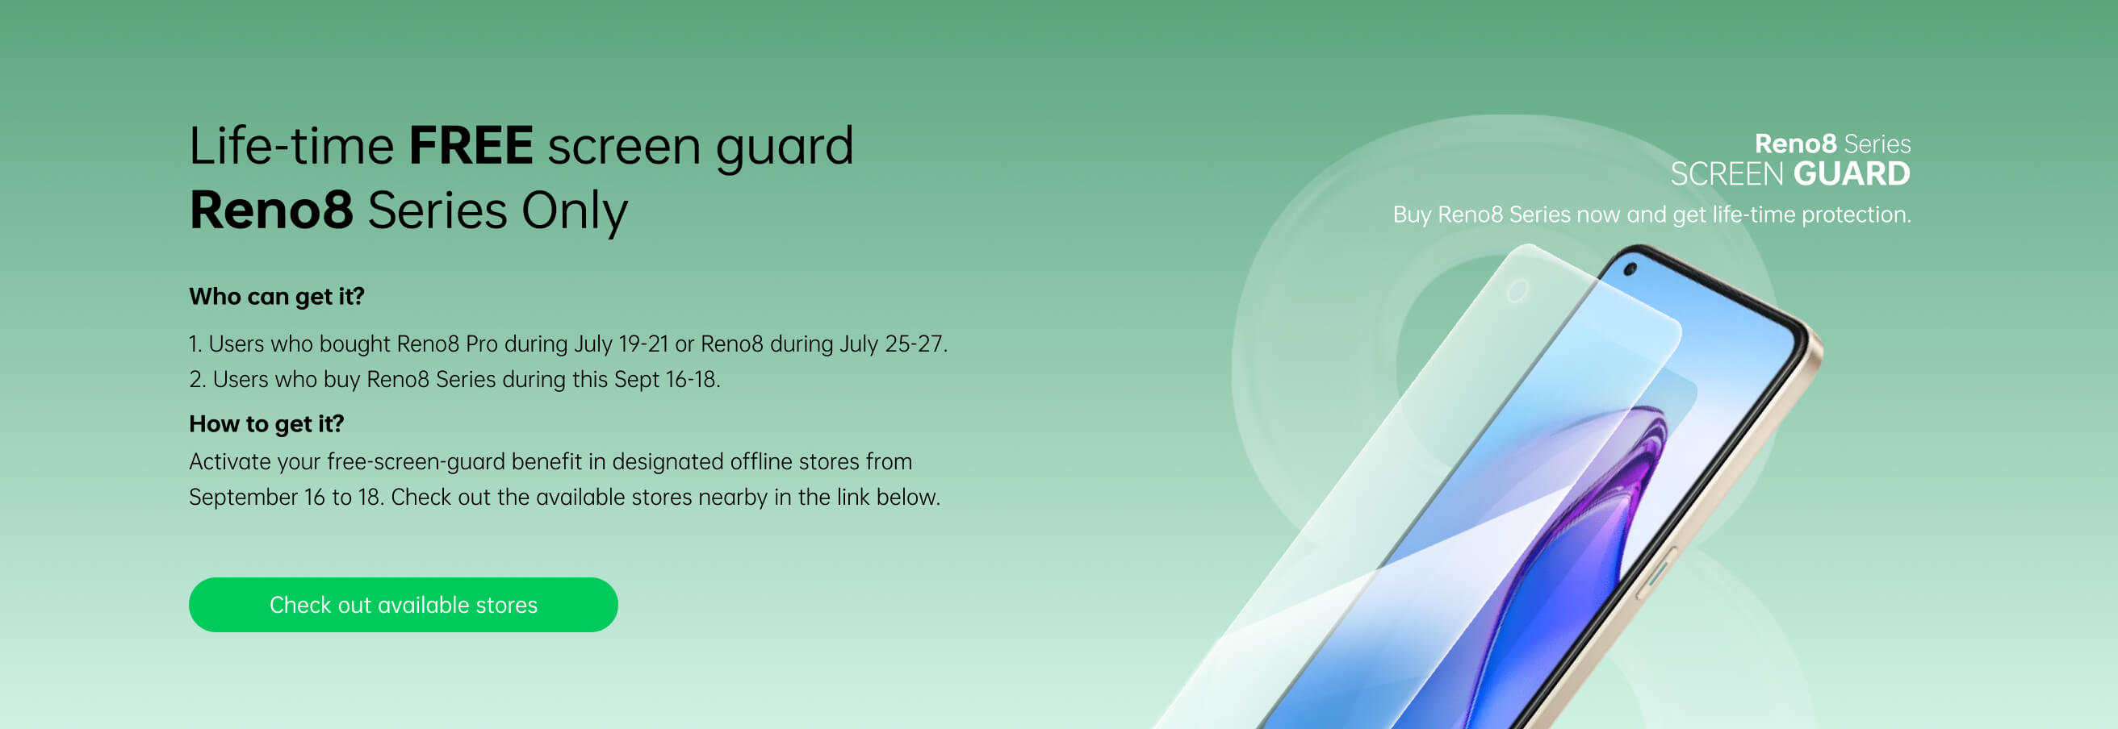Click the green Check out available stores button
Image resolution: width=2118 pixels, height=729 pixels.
tap(403, 604)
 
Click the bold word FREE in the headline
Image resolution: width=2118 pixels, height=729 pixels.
tap(471, 145)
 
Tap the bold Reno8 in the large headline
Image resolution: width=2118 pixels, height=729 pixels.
tap(271, 210)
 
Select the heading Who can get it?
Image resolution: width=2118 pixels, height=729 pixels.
tap(276, 296)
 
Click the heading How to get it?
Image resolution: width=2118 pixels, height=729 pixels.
tap(266, 423)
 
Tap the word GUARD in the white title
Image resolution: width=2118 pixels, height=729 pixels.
tap(1852, 174)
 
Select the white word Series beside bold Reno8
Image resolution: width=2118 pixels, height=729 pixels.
tap(1877, 144)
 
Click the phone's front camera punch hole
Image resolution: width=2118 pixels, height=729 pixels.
tap(1631, 269)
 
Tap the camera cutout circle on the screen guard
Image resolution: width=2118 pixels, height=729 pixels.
tap(1517, 291)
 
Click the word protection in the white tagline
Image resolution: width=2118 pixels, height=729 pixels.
tap(1856, 215)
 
